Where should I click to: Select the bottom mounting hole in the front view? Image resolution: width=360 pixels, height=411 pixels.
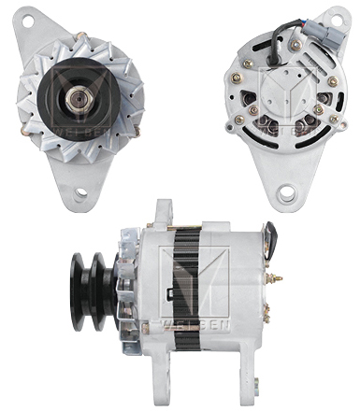pyautogui.click(x=82, y=192)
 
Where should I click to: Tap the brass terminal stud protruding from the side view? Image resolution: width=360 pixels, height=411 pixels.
pyautogui.click(x=278, y=279)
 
